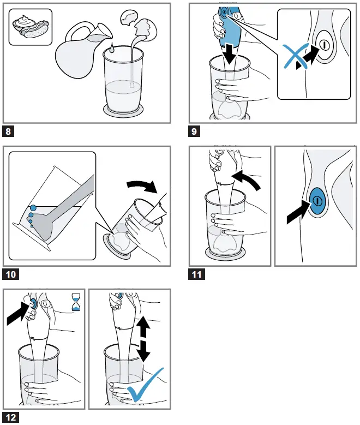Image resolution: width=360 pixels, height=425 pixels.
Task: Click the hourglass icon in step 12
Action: (x=76, y=302)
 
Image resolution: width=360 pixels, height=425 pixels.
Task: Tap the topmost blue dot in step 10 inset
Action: (x=33, y=207)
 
